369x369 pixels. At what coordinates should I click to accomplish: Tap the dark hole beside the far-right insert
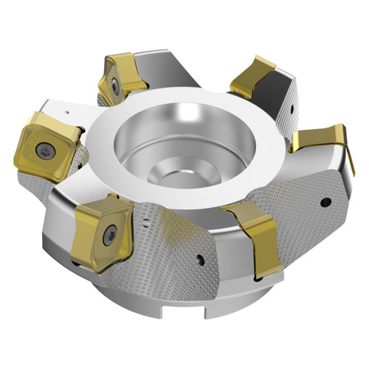325,201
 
